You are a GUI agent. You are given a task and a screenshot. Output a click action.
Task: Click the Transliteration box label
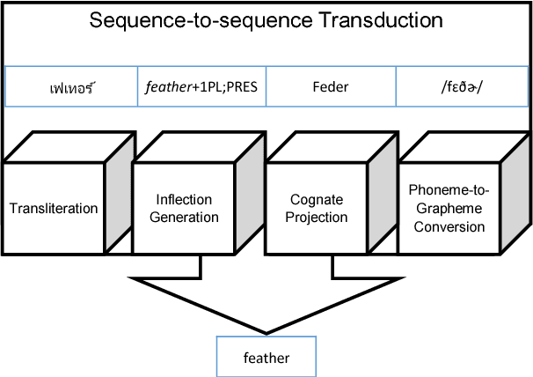(x=54, y=209)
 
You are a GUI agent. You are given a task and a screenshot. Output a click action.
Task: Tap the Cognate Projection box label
(x=318, y=209)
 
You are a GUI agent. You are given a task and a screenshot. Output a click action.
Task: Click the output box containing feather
(x=266, y=358)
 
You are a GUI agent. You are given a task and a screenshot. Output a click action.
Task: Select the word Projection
(x=318, y=218)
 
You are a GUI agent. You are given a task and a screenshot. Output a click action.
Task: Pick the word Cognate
(x=318, y=200)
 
